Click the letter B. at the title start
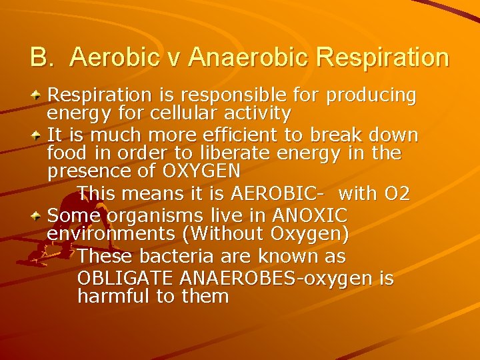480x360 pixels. click(42, 58)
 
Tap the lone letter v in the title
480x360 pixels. click(171, 59)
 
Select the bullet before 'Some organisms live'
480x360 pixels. click(38, 215)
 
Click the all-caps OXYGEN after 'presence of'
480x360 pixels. click(201, 171)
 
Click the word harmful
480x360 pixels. click(114, 296)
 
